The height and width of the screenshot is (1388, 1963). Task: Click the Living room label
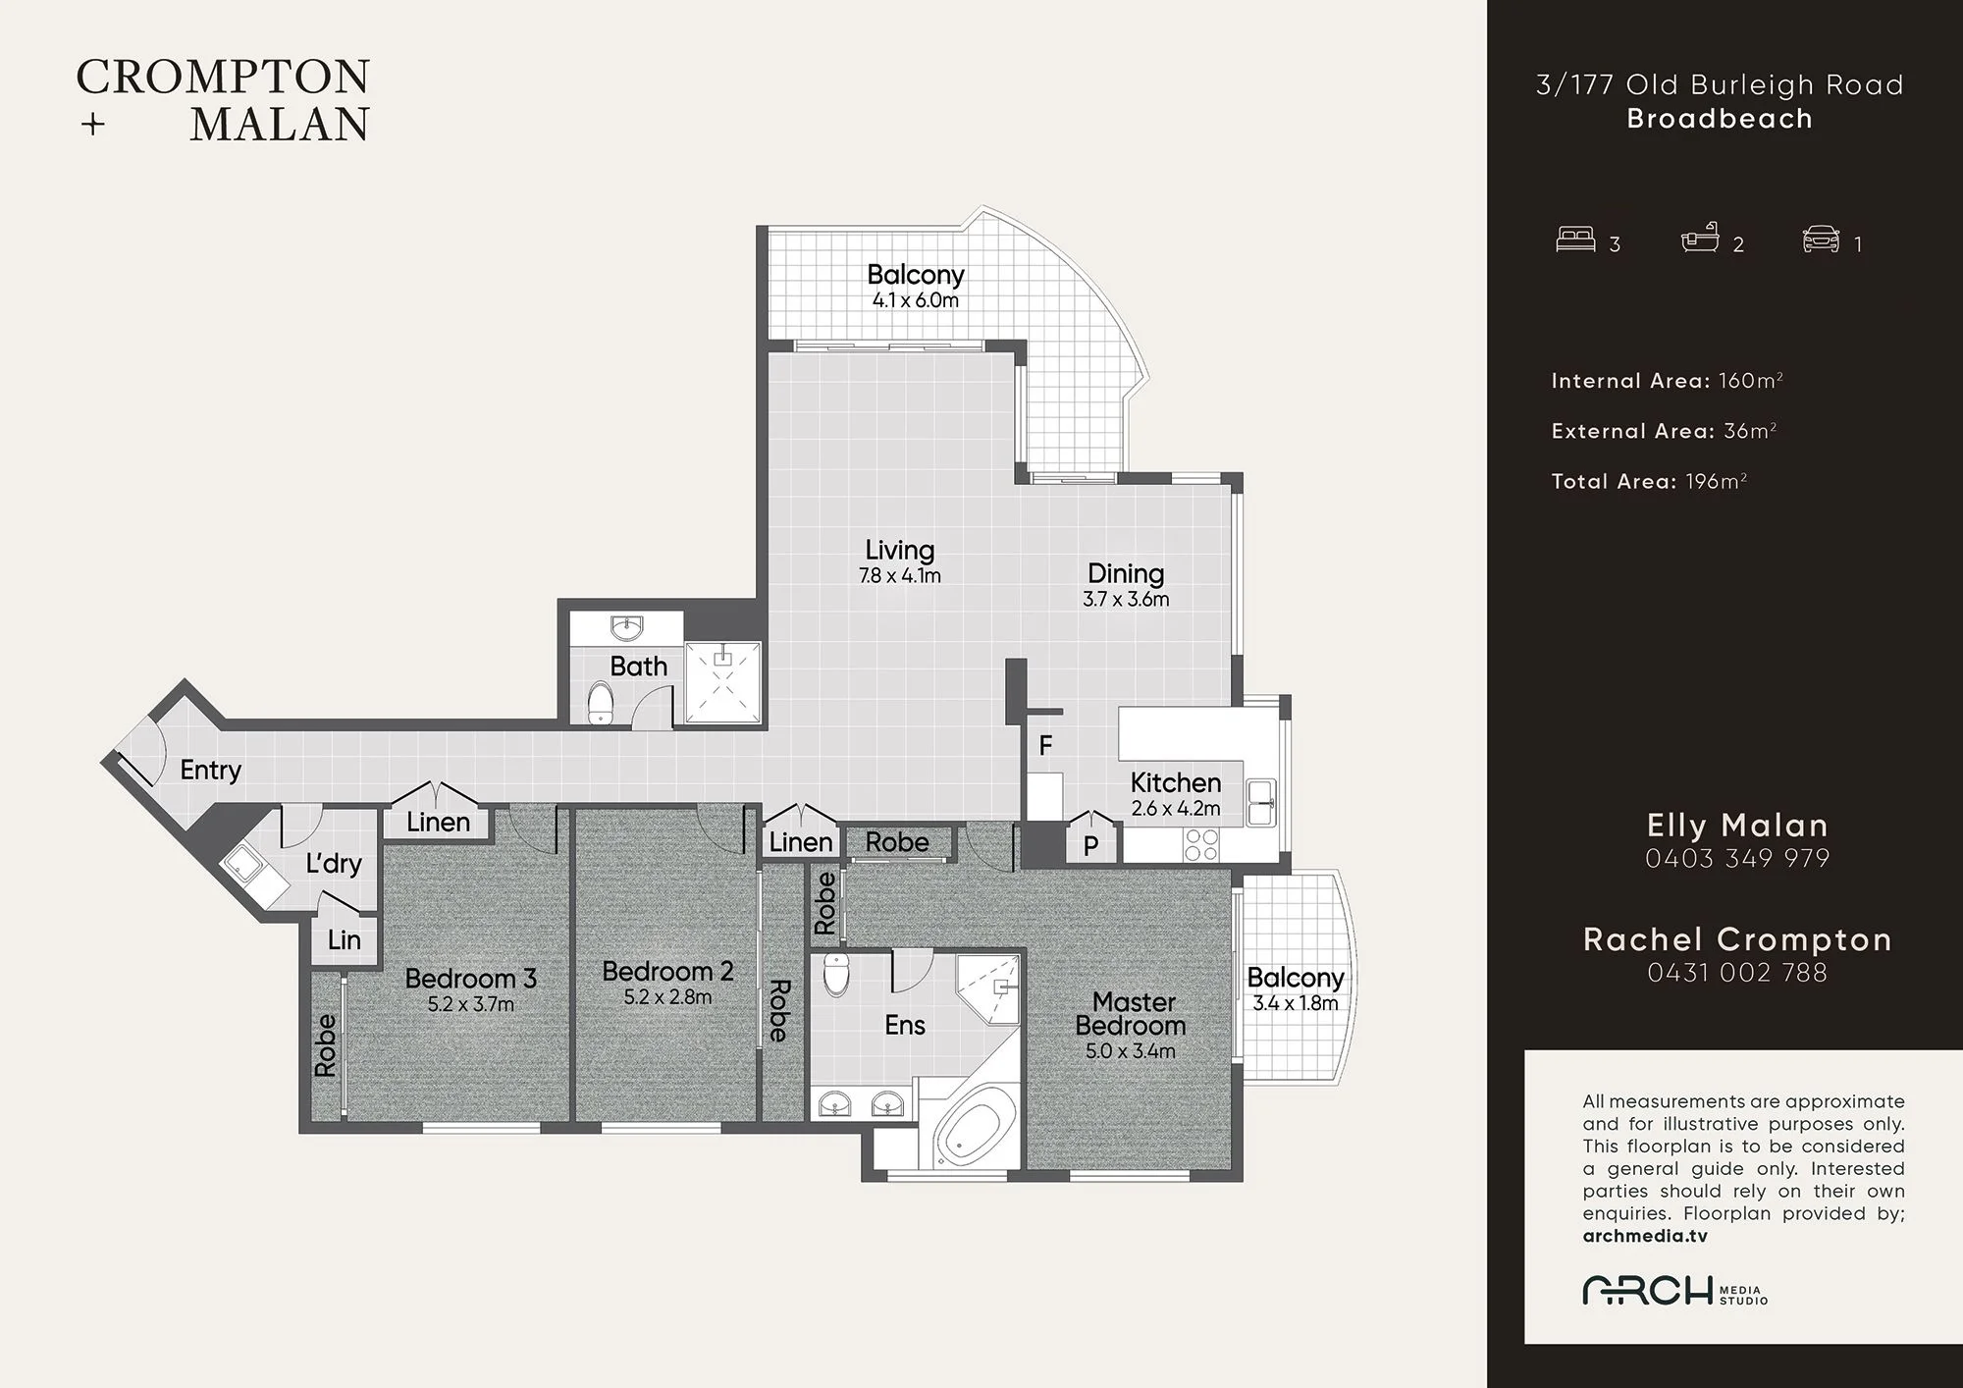pos(900,551)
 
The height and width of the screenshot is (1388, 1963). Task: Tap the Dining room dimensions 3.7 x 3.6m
pos(1126,599)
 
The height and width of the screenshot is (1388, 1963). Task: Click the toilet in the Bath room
pos(601,704)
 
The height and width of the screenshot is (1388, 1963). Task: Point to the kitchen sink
pos(1260,802)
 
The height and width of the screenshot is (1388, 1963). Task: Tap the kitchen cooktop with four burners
pos(1201,845)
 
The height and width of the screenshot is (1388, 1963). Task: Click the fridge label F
pos(1045,746)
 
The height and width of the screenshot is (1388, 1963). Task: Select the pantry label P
pos(1090,846)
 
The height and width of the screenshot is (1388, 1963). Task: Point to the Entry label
pos(210,771)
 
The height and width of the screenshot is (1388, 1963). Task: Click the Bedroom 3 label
pos(470,979)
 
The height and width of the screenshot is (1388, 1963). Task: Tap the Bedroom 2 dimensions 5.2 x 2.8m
pos(667,997)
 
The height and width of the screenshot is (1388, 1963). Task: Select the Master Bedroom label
pos(1132,1014)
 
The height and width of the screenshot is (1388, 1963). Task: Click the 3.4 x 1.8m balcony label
pos(1295,1003)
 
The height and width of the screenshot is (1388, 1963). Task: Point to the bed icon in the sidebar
pos(1575,240)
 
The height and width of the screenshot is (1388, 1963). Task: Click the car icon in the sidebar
pos(1821,240)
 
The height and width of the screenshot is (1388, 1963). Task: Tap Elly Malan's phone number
pos(1737,859)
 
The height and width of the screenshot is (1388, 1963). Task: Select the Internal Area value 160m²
pos(1751,381)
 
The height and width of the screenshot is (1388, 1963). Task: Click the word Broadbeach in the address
pos(1720,119)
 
